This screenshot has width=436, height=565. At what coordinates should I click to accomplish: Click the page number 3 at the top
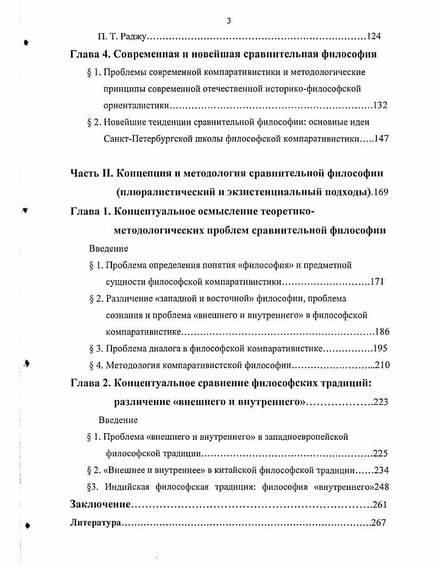(x=228, y=21)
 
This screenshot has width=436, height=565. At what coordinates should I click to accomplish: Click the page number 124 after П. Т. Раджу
(x=374, y=38)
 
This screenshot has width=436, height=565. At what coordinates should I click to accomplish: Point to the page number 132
(x=380, y=105)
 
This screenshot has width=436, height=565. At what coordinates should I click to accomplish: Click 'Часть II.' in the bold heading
(x=91, y=173)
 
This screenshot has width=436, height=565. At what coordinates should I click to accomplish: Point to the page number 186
(x=382, y=332)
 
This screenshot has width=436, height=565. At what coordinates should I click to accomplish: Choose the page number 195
(x=381, y=349)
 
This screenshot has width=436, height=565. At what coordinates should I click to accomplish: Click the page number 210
(x=382, y=365)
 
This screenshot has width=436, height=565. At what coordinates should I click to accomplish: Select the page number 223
(x=381, y=402)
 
